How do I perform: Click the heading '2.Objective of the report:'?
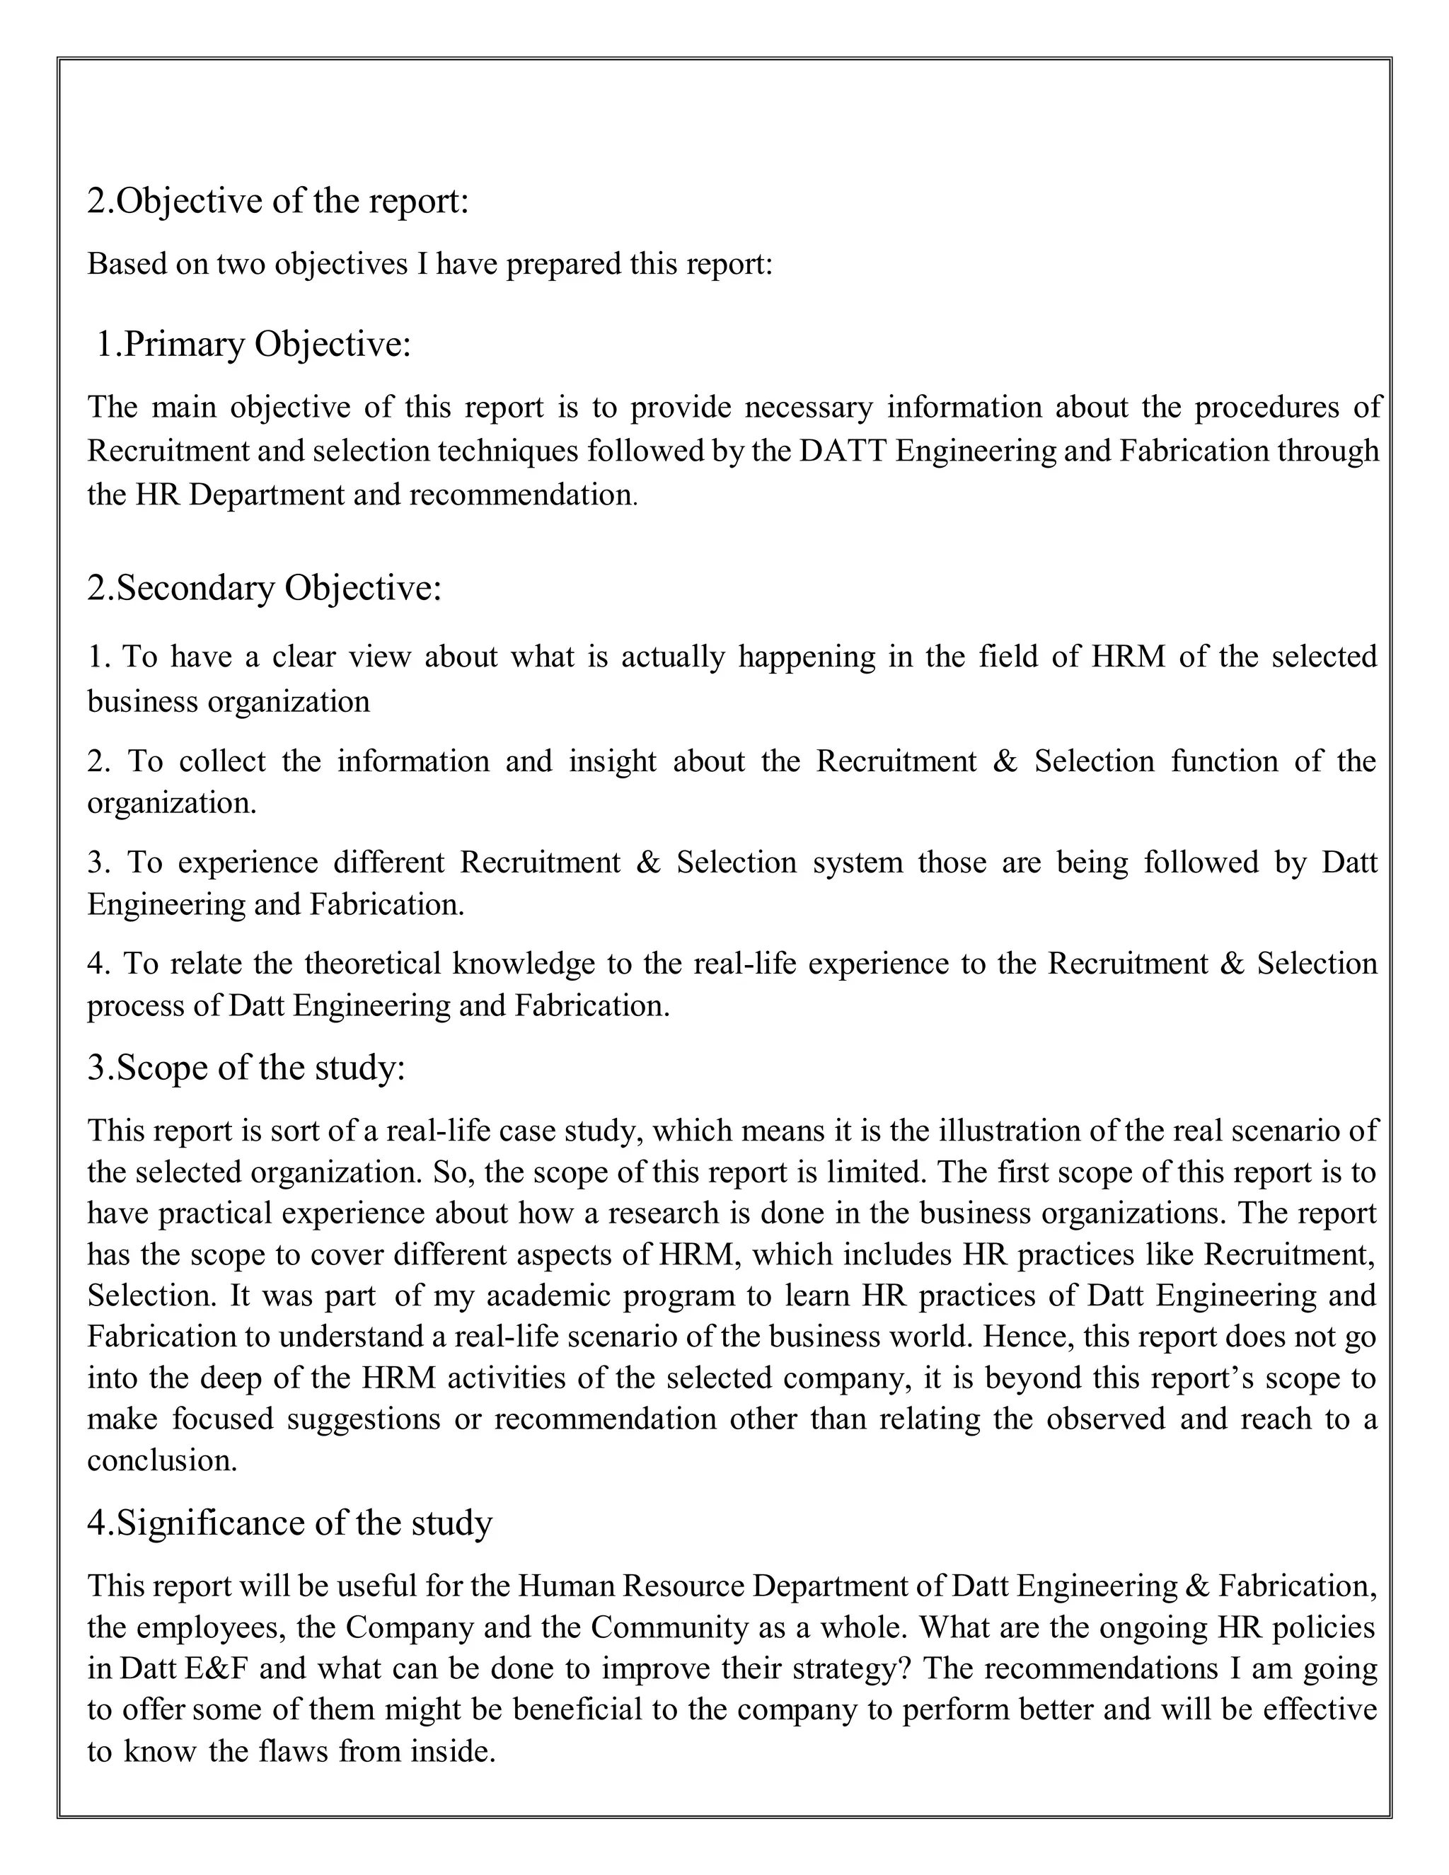tap(278, 202)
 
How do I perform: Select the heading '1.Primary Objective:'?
tap(253, 345)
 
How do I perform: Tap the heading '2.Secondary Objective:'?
tap(265, 589)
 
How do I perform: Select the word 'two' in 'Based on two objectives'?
tap(241, 265)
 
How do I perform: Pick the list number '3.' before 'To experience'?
tap(100, 862)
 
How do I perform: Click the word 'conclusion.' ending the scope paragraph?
tap(162, 1460)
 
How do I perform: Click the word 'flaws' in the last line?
tap(293, 1750)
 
